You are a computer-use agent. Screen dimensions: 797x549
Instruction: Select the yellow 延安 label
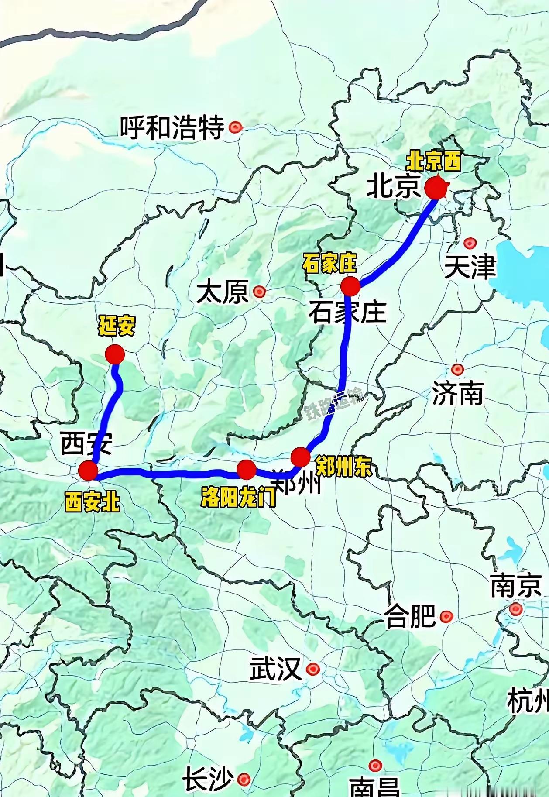(x=116, y=326)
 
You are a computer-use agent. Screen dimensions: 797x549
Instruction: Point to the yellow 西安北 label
(x=92, y=502)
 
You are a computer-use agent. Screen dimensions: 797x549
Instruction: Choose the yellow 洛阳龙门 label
(x=238, y=496)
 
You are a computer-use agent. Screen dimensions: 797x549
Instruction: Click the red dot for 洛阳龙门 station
(x=246, y=469)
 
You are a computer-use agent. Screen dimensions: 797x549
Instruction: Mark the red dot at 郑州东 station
(x=300, y=457)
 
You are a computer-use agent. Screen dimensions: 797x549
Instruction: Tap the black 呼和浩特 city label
(x=172, y=127)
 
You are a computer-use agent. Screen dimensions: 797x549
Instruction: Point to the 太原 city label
(x=223, y=292)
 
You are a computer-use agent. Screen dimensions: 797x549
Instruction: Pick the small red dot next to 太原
(x=260, y=291)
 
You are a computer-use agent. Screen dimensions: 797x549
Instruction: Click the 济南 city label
(x=457, y=393)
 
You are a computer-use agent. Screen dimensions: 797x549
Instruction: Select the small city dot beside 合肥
(x=446, y=617)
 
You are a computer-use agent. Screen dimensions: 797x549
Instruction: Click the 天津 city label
(x=470, y=267)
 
